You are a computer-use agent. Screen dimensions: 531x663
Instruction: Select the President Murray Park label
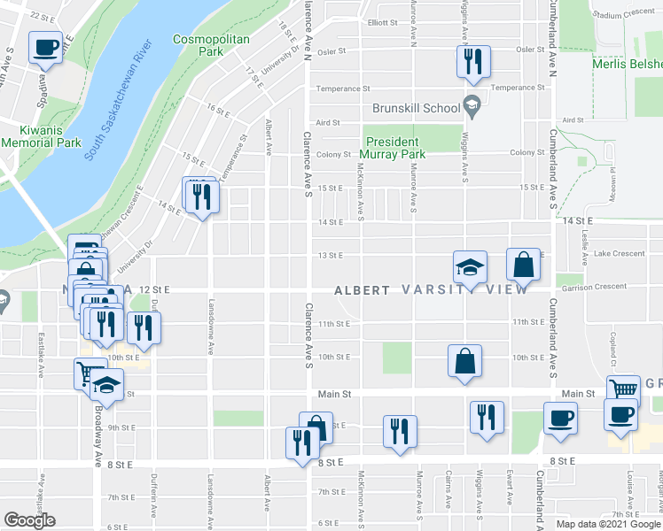pyautogui.click(x=395, y=148)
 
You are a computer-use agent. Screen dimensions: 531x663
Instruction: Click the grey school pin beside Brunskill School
pyautogui.click(x=472, y=108)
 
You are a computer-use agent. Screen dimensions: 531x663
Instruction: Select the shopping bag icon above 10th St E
pyautogui.click(x=464, y=360)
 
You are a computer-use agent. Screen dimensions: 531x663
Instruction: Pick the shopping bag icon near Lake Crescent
pyautogui.click(x=524, y=263)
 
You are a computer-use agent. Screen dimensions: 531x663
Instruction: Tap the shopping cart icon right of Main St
pyautogui.click(x=624, y=389)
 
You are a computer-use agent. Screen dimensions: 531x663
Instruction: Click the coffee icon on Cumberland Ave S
pyautogui.click(x=559, y=418)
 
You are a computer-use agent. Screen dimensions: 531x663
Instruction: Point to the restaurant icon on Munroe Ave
pyautogui.click(x=400, y=431)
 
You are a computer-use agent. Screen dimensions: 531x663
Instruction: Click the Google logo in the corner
pyautogui.click(x=29, y=520)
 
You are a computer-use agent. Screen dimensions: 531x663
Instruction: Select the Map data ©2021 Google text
pyautogui.click(x=608, y=524)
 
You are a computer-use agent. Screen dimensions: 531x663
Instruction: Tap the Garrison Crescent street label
pyautogui.click(x=592, y=286)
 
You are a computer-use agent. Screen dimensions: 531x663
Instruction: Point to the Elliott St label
pyautogui.click(x=384, y=22)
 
